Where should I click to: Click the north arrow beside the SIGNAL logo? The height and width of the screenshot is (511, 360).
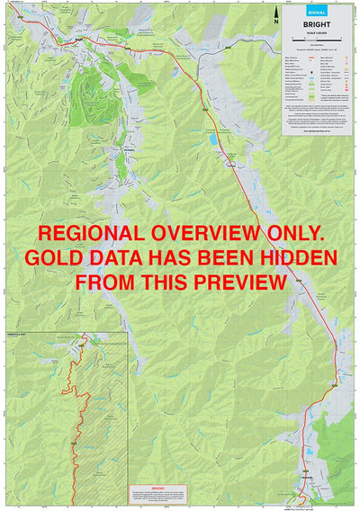[x=276, y=13]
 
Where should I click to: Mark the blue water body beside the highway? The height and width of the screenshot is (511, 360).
[x=212, y=141]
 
